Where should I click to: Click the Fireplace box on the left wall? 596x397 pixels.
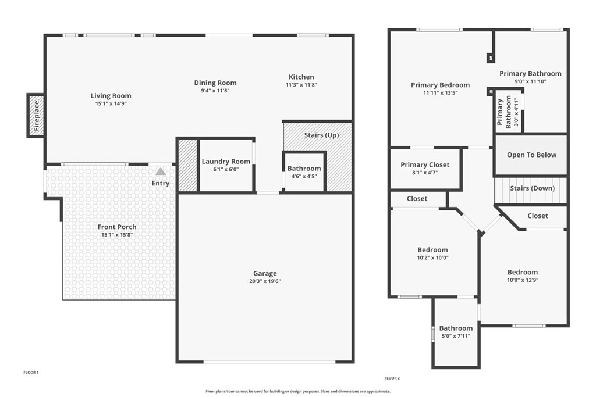click(x=36, y=115)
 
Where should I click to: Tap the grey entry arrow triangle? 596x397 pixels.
click(x=161, y=171)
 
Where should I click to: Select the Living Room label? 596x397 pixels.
click(x=111, y=96)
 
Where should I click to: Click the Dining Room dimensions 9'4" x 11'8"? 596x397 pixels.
click(x=215, y=91)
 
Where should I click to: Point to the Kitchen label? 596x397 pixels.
click(x=301, y=77)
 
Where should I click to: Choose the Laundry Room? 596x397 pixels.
click(x=226, y=165)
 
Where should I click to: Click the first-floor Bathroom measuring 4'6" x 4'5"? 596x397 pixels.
click(x=304, y=171)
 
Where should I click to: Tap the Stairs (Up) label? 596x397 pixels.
click(x=321, y=135)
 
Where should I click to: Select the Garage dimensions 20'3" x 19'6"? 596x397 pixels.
click(x=265, y=281)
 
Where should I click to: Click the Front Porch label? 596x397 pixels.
click(x=117, y=227)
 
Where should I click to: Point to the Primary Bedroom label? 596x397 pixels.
click(x=440, y=85)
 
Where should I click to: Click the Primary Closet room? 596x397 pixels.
click(x=425, y=168)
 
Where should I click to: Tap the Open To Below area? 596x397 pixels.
click(x=531, y=155)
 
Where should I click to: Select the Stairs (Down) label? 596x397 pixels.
click(x=532, y=188)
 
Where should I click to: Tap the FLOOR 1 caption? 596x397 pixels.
click(x=31, y=372)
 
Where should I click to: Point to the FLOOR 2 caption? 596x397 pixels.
click(x=392, y=378)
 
